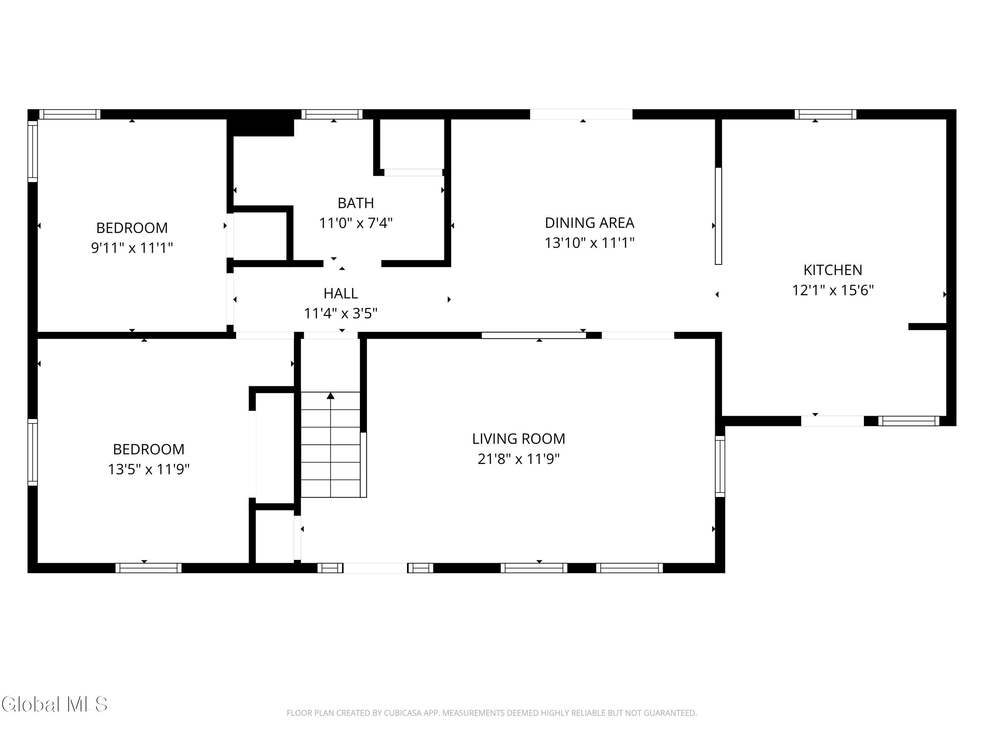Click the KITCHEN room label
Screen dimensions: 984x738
click(x=832, y=270)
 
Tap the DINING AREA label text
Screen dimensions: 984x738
click(x=589, y=222)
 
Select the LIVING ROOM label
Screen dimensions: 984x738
click(x=519, y=439)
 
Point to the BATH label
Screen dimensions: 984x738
click(x=356, y=203)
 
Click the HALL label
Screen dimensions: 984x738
click(x=341, y=294)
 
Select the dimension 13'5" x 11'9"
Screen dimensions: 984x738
click(x=149, y=469)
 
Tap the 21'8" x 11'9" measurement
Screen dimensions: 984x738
click(x=519, y=459)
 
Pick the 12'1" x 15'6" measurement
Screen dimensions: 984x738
click(x=833, y=290)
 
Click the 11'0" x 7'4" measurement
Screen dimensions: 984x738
click(x=356, y=222)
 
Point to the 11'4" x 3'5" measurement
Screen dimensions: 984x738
click(x=341, y=314)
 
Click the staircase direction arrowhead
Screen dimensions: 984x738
click(x=331, y=396)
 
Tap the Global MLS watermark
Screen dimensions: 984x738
click(x=54, y=704)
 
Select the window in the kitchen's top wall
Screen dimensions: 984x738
click(x=826, y=114)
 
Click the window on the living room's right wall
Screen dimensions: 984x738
click(x=720, y=466)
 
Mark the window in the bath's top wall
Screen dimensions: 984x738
click(x=332, y=114)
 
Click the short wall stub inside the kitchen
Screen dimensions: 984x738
click(x=927, y=326)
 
